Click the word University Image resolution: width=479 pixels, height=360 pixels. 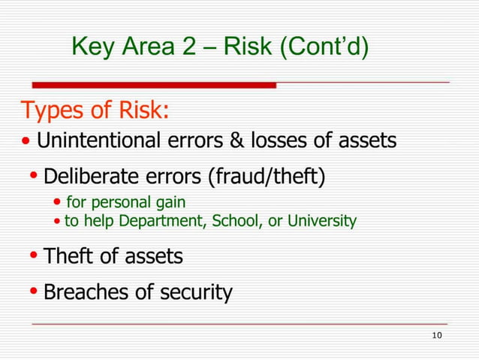coord(325,222)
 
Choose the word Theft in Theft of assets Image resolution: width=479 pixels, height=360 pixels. coord(69,256)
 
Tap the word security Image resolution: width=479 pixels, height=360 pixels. coord(197,292)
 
